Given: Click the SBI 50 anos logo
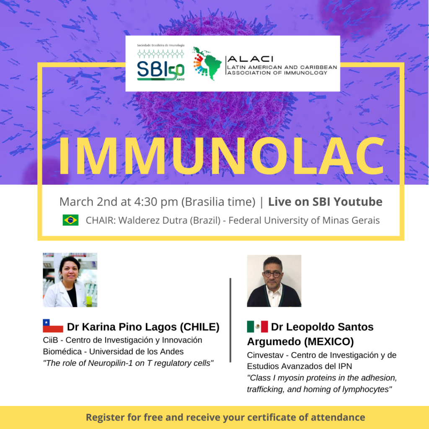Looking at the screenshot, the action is (160, 63).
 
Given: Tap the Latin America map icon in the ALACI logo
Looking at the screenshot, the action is (207, 64).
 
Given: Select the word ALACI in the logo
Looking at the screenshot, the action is (251, 59).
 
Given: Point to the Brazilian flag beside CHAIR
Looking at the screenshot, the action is (70, 220).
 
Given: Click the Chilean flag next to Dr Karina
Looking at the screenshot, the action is (53, 326).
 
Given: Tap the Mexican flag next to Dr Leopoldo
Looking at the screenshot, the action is (258, 326).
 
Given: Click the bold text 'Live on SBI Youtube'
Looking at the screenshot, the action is (325, 202).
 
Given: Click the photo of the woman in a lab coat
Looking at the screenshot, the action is (70, 280).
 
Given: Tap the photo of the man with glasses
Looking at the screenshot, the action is (274, 281).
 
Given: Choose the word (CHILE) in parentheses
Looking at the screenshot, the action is (200, 327).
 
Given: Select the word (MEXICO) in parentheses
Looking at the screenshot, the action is (328, 342).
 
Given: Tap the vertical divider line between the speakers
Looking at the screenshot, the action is (230, 320).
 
